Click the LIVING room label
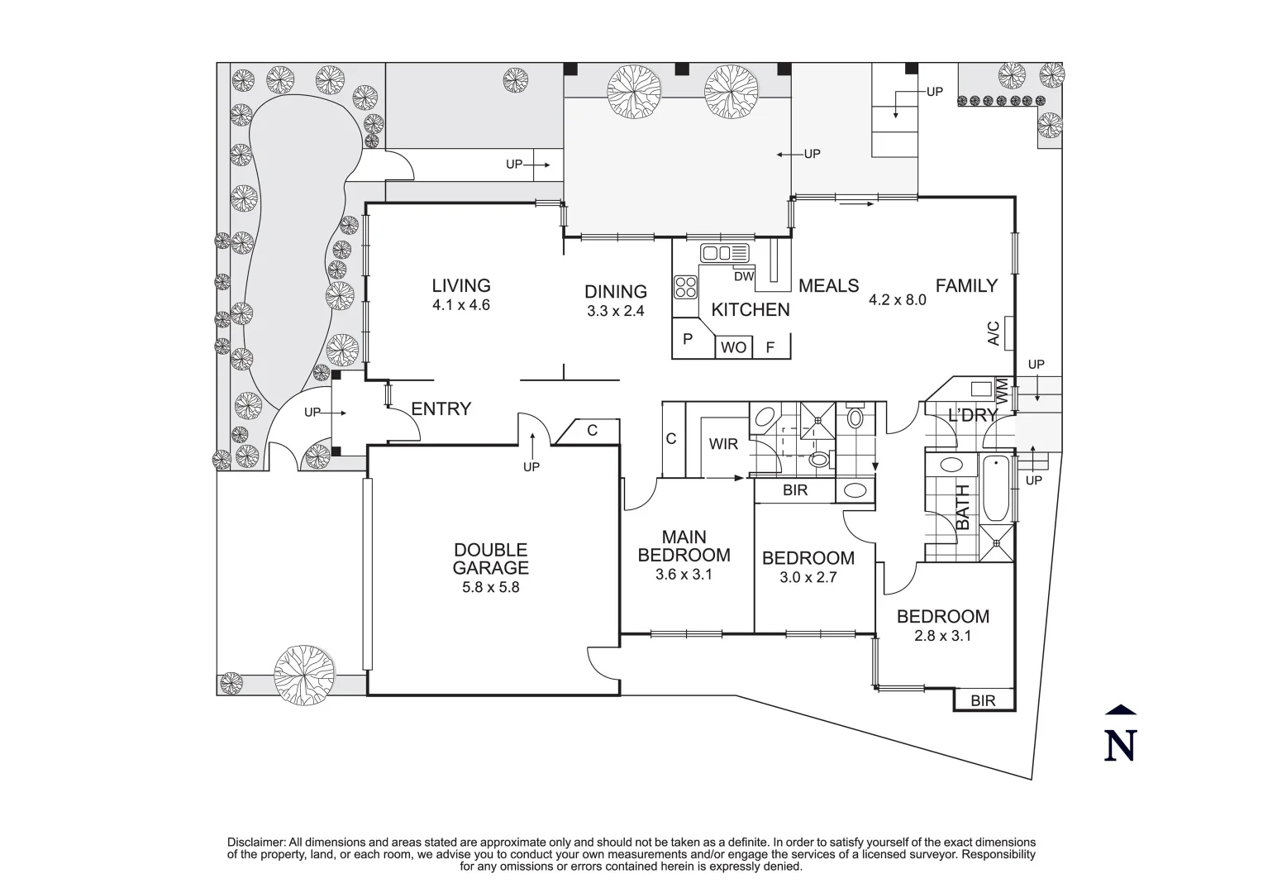point(461,285)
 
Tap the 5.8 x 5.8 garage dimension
point(490,588)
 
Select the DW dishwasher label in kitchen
point(744,276)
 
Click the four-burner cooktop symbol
point(686,287)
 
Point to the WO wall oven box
point(733,347)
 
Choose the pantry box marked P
point(688,339)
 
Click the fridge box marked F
point(770,347)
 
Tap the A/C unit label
point(994,332)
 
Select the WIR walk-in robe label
point(723,444)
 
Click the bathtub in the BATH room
point(996,487)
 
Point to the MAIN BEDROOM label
point(684,547)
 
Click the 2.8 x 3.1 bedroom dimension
point(942,636)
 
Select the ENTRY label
point(441,408)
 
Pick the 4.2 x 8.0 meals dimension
point(897,300)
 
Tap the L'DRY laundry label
point(972,415)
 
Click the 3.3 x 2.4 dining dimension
point(615,312)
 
